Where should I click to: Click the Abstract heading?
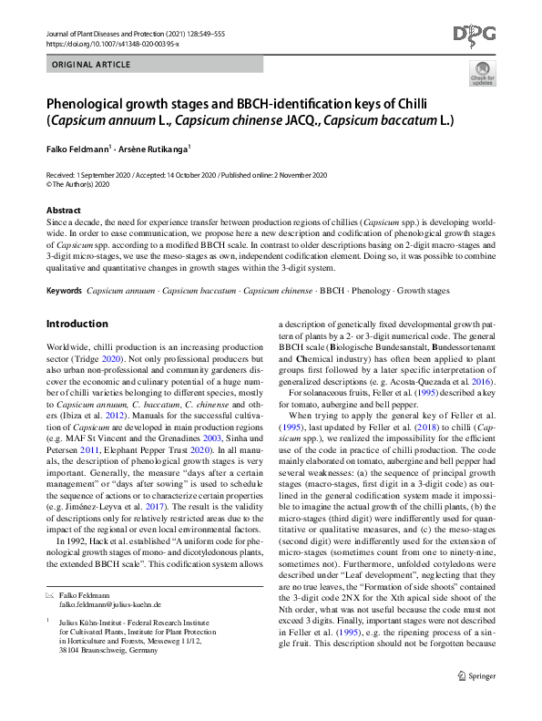click(x=64, y=210)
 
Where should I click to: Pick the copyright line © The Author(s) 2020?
click(x=77, y=182)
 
